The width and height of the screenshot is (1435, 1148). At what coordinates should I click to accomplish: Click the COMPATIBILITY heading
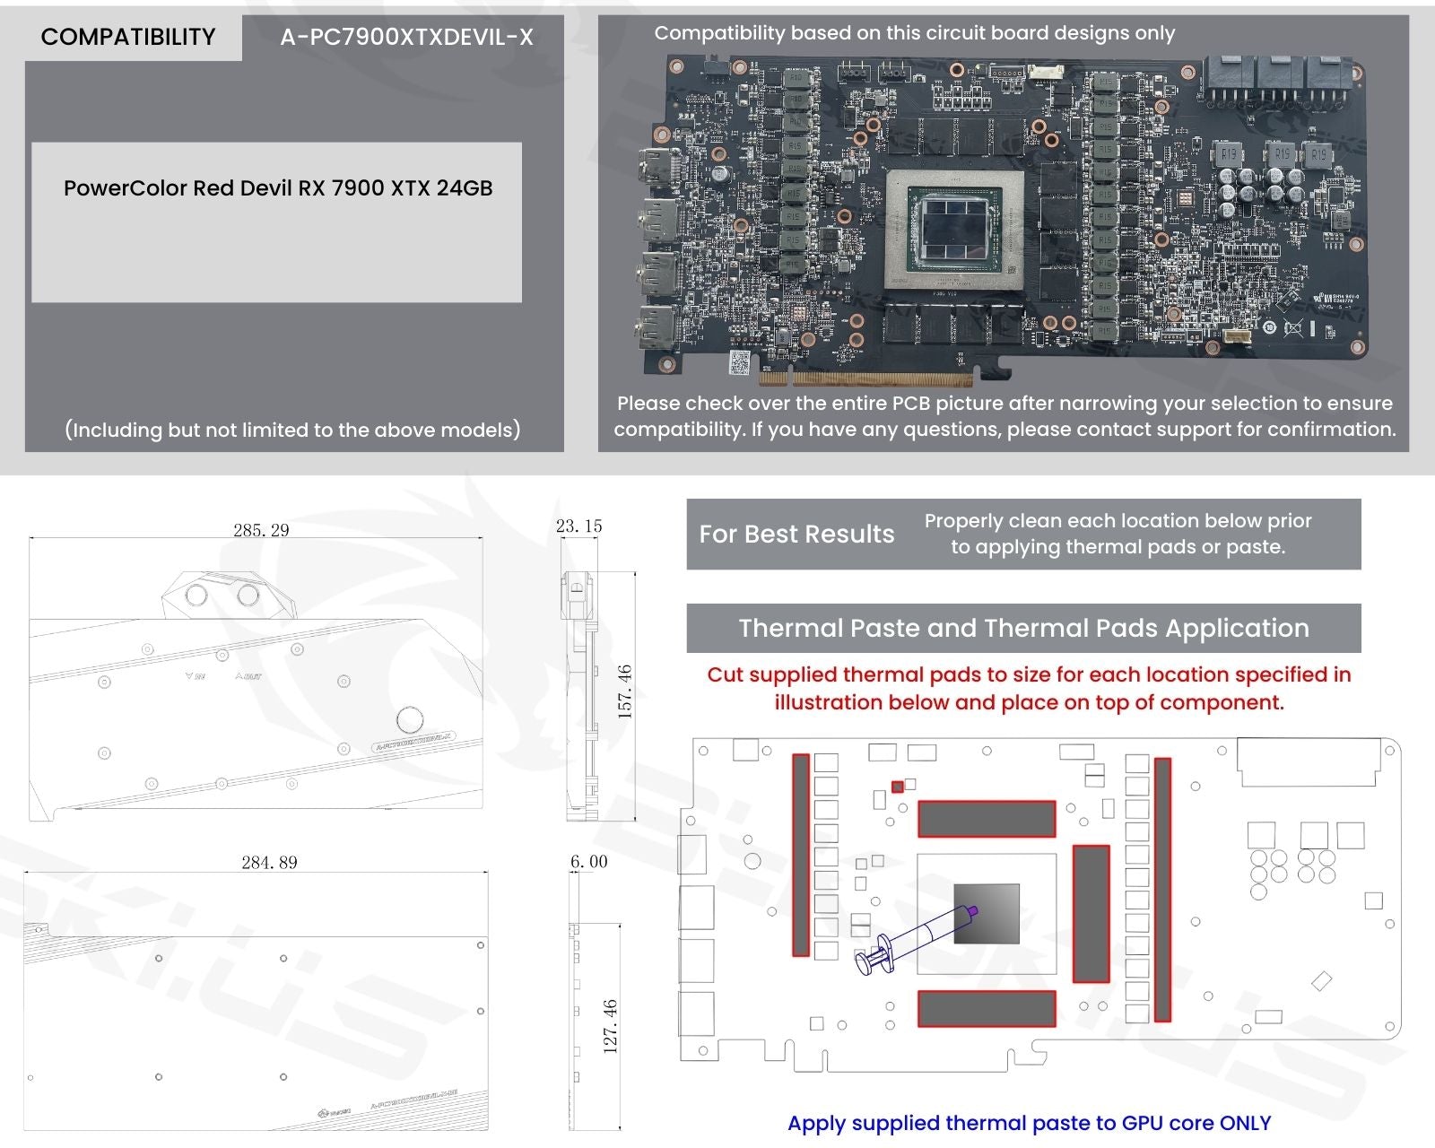coord(128,37)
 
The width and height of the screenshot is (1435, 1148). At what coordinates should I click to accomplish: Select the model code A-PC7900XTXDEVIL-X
coord(406,37)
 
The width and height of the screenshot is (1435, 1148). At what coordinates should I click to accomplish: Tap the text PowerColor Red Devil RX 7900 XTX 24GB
coord(278,188)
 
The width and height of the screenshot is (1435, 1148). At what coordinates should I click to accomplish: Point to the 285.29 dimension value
coord(261,530)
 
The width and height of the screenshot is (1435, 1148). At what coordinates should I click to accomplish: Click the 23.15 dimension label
coord(578,526)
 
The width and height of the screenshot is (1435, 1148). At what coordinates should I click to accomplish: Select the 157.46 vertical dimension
coord(625,691)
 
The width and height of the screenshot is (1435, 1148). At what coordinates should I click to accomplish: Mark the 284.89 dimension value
coord(269,862)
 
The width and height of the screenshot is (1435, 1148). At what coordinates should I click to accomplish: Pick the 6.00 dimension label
coord(588,861)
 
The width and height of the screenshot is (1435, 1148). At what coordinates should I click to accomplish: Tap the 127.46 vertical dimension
coord(610,1026)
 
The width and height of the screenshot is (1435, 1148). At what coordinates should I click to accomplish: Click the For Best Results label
coord(796,535)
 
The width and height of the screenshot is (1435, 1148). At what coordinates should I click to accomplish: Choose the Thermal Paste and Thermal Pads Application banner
coord(1023,628)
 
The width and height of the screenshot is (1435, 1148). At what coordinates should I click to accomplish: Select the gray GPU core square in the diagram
coord(986,914)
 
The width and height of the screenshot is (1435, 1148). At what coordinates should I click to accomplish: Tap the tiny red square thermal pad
coord(897,787)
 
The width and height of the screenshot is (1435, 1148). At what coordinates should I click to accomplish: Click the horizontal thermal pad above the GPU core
coord(986,819)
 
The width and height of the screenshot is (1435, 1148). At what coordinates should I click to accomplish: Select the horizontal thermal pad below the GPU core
coord(986,1008)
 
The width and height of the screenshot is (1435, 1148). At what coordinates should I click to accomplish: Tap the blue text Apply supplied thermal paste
coord(1029,1123)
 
